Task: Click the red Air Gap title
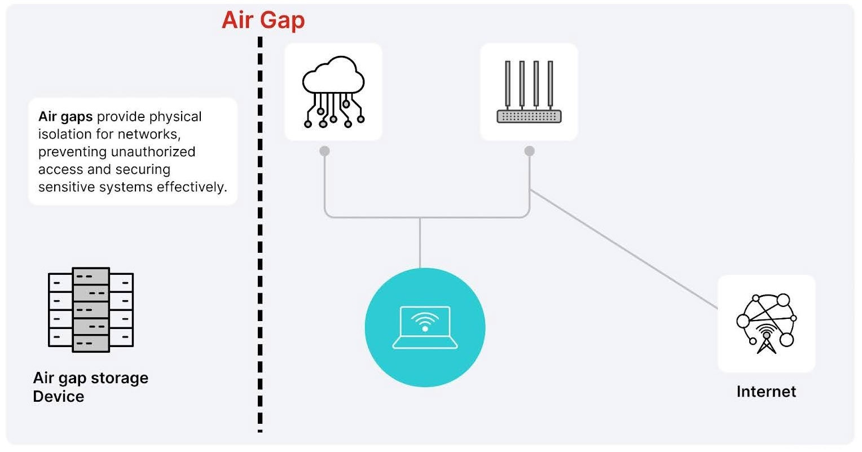263,20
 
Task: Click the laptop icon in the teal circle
425,327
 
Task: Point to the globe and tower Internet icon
766,323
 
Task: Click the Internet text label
766,392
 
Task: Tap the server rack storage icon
91,310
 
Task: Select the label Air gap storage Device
90,387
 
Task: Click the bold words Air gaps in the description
65,117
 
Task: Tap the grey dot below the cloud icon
324,151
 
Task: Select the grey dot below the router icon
529,151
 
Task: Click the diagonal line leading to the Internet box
623,250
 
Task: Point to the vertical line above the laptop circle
420,243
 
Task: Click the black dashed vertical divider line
260,237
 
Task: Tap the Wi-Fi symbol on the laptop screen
425,322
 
